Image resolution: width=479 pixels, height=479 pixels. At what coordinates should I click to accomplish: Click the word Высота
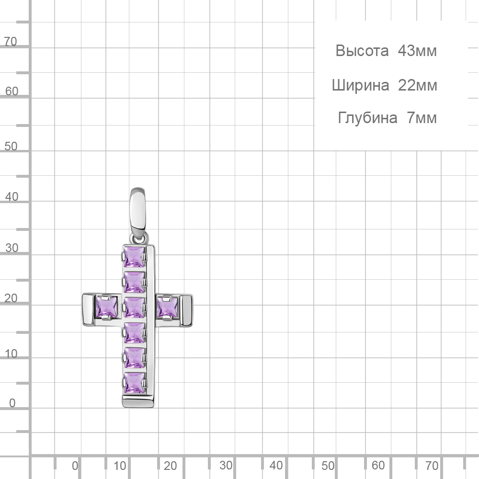[362, 51]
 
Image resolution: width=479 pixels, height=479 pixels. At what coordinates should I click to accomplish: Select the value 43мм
[417, 51]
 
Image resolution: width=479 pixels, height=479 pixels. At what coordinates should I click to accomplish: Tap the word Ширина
[361, 86]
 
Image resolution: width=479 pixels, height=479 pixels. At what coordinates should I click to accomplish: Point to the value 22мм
[418, 85]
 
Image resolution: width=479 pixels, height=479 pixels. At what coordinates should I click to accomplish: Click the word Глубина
[367, 118]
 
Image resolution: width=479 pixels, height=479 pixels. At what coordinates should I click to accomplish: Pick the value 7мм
[422, 118]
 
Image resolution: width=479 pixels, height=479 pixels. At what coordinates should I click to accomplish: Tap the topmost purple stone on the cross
[134, 257]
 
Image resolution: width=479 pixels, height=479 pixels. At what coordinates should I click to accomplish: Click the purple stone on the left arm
[107, 307]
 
